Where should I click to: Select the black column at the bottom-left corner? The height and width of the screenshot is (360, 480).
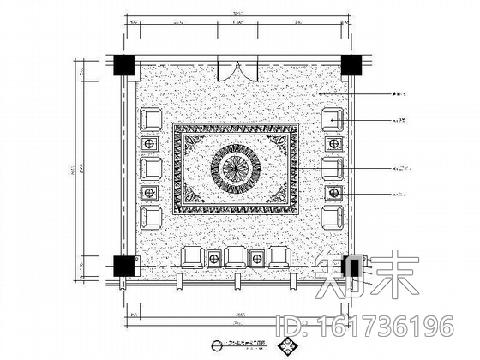(x=123, y=266)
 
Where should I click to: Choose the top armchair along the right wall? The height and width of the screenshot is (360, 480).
(x=333, y=119)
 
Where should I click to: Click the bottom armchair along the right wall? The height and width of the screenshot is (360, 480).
(x=333, y=215)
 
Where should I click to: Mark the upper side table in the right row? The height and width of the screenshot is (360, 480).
(x=334, y=142)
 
